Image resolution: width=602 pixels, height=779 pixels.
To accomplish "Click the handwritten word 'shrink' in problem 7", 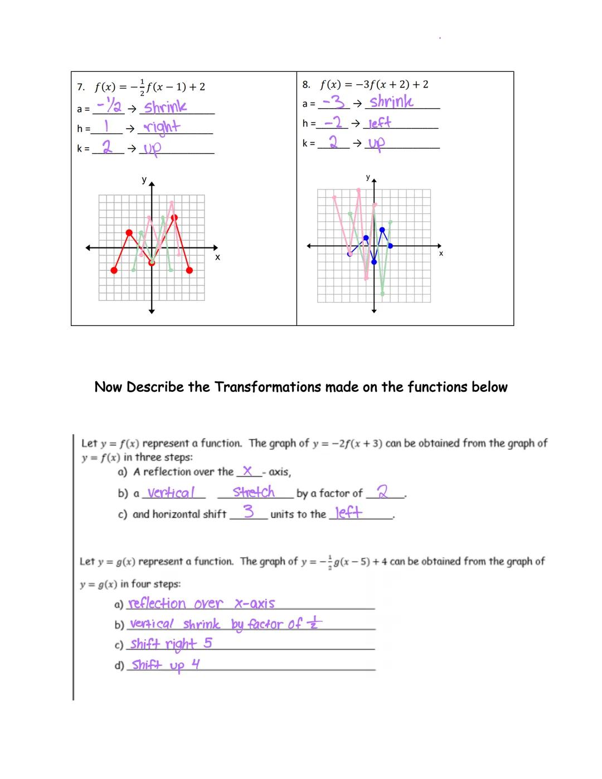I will click(x=166, y=107).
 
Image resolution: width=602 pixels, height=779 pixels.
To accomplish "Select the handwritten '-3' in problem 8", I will click(x=334, y=102).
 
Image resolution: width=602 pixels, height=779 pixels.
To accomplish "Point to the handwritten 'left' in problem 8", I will click(x=380, y=123).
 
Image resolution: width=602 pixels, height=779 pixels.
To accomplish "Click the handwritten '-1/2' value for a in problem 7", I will click(x=110, y=105).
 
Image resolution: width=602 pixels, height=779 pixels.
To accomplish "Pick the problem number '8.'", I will click(x=306, y=85).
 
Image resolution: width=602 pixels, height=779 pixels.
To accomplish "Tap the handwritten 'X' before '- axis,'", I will click(x=247, y=471).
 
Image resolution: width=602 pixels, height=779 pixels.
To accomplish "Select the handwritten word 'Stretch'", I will click(x=254, y=492).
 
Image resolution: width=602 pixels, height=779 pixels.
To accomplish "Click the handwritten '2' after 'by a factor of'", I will click(x=382, y=492).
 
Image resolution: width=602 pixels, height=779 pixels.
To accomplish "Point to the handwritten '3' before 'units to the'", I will click(x=249, y=512).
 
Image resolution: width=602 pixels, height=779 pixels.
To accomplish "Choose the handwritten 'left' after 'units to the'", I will click(x=348, y=513).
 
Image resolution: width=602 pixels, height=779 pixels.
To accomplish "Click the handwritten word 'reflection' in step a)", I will click(x=157, y=603).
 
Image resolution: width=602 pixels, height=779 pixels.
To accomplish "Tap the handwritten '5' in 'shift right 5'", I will click(x=208, y=643).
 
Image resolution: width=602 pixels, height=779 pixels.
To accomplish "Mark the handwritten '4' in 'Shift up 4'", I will click(x=195, y=664).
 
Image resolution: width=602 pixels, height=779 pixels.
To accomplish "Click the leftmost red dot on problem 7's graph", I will click(x=114, y=270).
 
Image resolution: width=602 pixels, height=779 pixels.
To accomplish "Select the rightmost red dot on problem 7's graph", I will click(x=190, y=270).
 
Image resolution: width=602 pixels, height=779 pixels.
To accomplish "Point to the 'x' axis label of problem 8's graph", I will click(x=441, y=254).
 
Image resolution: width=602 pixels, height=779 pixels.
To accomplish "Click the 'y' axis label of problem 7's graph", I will click(x=144, y=179).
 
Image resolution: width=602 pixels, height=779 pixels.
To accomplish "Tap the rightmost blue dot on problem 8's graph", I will click(x=390, y=246).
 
